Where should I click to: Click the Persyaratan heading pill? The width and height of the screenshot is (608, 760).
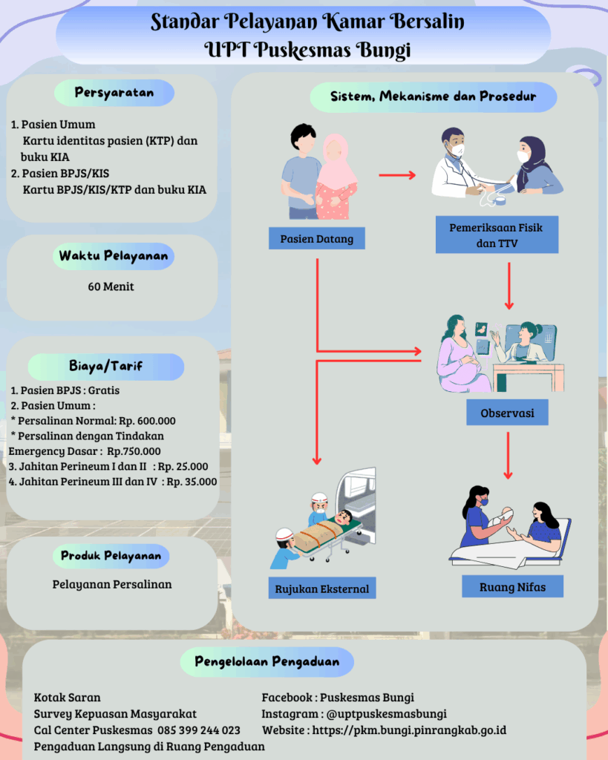[x=114, y=93]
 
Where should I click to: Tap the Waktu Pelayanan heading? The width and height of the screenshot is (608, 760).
[x=114, y=256]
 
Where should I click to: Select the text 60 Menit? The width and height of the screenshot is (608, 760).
[x=111, y=286]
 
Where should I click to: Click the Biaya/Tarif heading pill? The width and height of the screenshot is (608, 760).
[x=105, y=366]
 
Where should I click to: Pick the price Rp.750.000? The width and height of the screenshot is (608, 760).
[x=134, y=451]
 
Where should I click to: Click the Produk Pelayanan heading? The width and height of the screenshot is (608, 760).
[x=111, y=555]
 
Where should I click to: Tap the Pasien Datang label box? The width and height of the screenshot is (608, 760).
[x=316, y=239]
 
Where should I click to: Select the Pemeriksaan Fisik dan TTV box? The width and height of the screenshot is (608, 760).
[x=496, y=235]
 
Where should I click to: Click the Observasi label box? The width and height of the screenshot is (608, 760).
[x=507, y=413]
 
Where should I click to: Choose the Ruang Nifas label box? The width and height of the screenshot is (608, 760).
[x=512, y=587]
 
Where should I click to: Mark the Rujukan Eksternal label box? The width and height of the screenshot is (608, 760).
[x=321, y=589]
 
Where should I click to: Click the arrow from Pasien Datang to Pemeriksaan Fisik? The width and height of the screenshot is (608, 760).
[x=397, y=176]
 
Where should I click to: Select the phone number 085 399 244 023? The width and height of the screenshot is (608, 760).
[x=199, y=730]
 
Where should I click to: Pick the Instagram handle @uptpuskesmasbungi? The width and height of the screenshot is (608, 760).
[x=386, y=714]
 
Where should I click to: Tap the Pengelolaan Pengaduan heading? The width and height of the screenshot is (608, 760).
[x=267, y=661]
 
